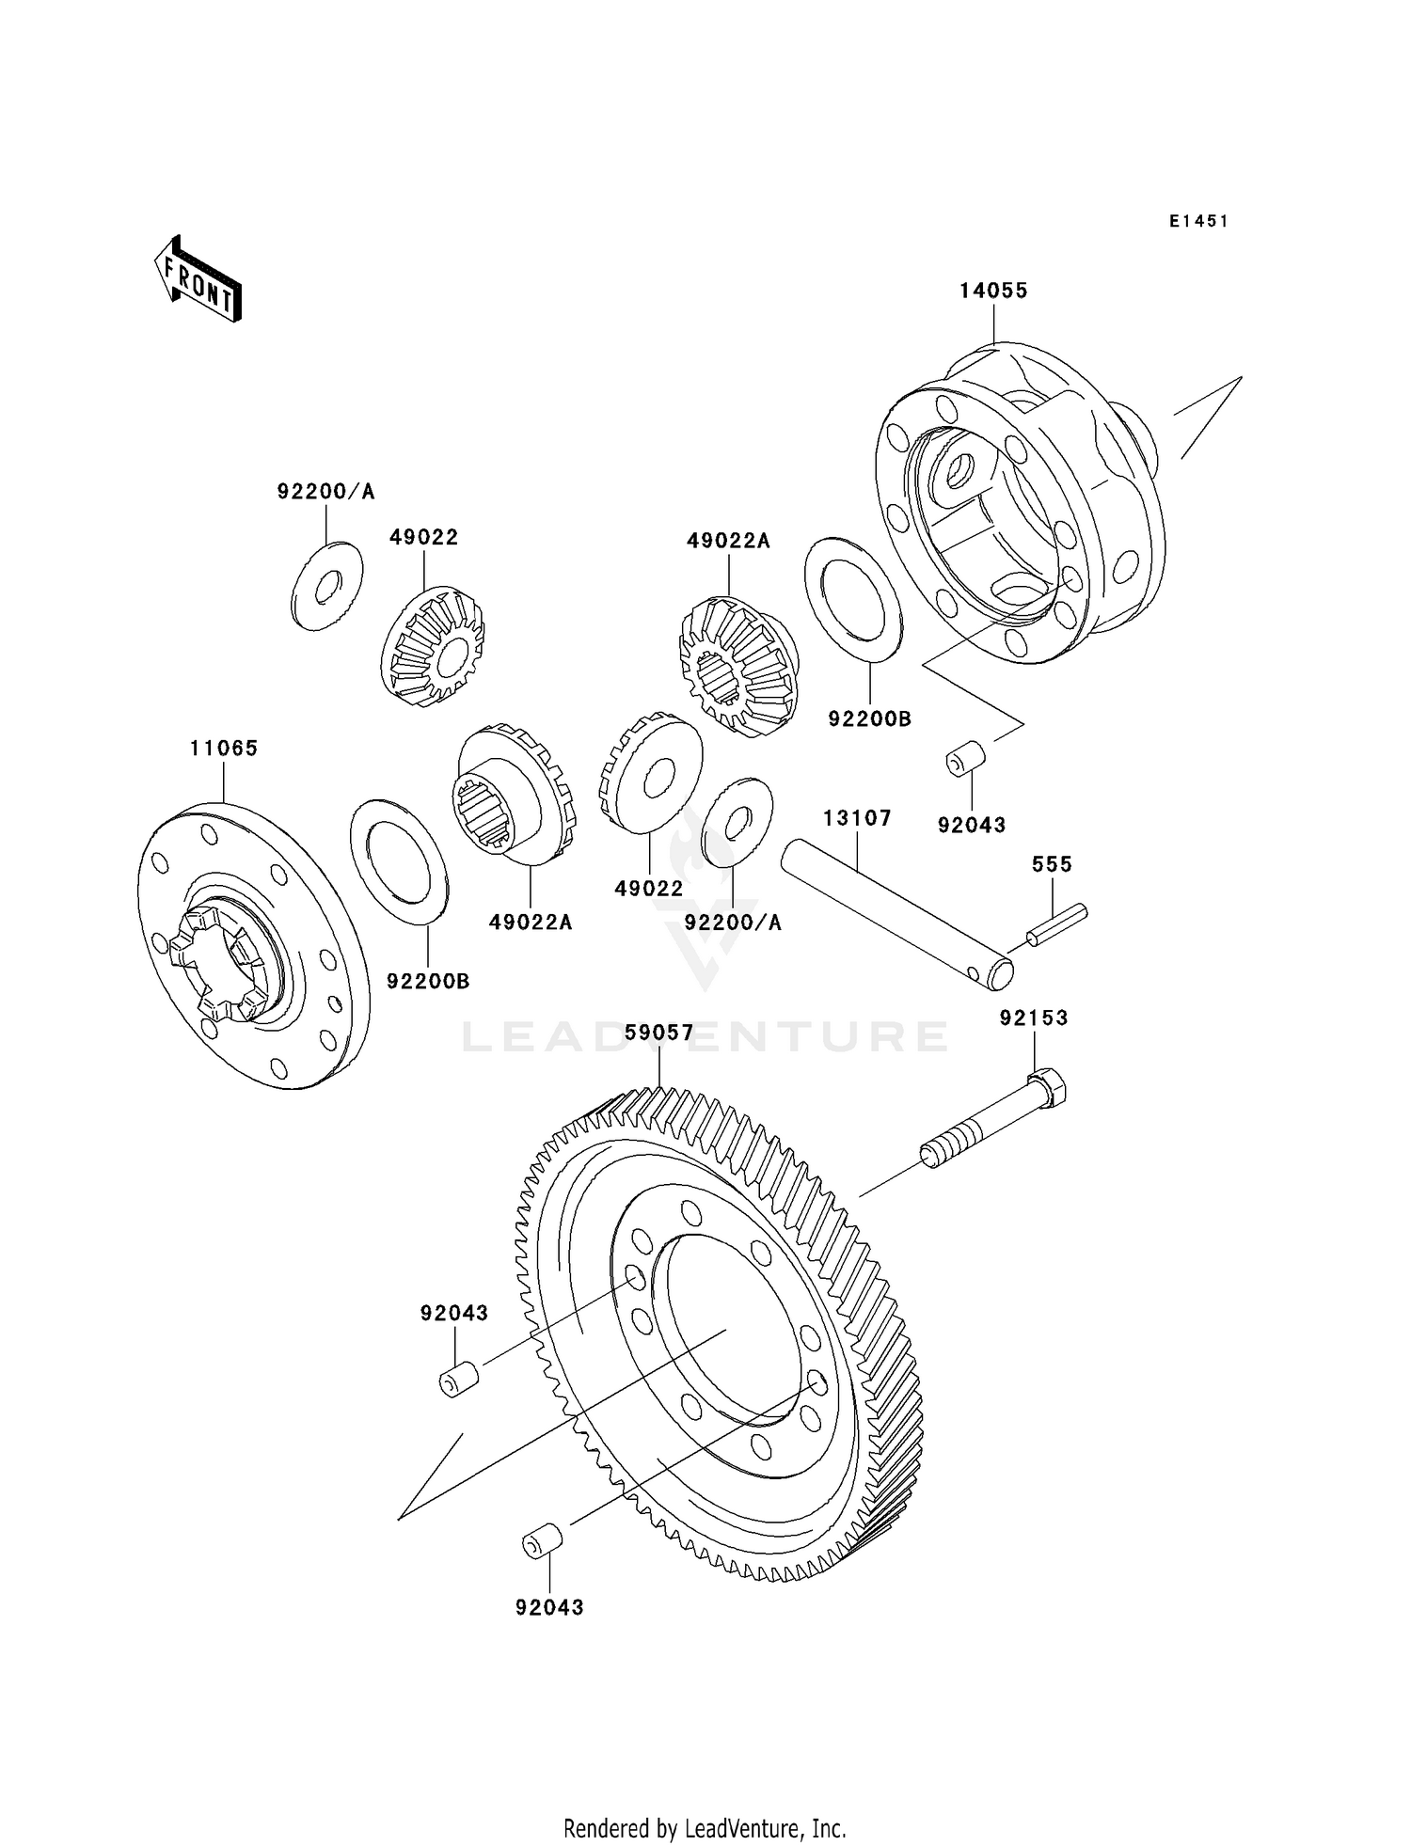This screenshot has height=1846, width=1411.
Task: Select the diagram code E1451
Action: point(1198,221)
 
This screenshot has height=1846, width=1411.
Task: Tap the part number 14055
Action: point(993,291)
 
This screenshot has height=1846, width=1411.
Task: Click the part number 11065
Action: point(224,749)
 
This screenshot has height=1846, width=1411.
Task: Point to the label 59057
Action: point(659,1033)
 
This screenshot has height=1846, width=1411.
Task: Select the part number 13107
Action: point(857,818)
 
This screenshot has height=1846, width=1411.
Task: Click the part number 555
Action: point(1052,864)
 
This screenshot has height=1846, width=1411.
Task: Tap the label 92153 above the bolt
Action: point(1034,1018)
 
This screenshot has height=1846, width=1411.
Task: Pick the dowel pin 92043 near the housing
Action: point(964,759)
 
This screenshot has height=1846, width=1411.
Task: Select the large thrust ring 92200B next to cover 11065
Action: point(399,861)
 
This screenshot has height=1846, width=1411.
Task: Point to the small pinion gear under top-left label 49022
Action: point(433,647)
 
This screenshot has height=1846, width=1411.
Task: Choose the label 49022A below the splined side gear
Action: point(531,923)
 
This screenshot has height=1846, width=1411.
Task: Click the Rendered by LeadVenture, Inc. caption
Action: point(705,1828)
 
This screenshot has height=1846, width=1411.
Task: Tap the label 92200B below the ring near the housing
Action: point(869,719)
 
